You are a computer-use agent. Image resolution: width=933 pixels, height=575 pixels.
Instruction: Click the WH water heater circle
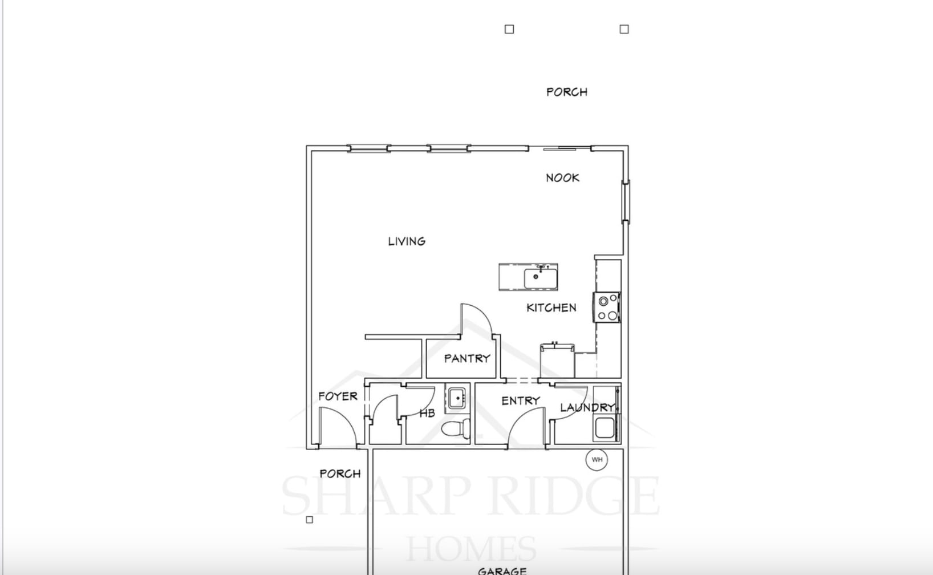597,460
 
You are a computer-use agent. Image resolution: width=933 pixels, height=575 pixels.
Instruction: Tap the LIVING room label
407,241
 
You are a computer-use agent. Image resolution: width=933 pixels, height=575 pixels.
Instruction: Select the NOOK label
562,178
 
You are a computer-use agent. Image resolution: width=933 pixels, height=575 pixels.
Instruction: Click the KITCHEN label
551,308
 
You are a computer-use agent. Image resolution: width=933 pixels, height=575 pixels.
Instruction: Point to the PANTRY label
467,359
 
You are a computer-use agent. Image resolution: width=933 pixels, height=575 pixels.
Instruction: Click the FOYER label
338,396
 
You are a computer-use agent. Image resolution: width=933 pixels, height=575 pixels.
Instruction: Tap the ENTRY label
520,401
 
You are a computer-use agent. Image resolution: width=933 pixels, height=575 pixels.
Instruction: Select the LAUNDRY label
587,408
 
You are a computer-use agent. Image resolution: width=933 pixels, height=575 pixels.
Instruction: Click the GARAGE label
502,570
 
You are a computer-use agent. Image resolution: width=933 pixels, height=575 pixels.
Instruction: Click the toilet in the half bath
457,428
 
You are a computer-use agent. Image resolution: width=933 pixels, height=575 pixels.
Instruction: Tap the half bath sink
457,398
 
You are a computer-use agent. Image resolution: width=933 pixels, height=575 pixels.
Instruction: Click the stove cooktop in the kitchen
607,308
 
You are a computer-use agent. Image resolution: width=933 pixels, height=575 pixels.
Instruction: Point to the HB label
427,414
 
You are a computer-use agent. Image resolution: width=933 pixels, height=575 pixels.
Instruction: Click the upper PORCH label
566,92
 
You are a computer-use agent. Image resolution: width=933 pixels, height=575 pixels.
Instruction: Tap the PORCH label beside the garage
340,474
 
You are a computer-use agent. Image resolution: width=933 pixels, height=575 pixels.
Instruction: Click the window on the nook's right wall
625,201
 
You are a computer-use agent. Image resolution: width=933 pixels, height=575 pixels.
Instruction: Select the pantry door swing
477,319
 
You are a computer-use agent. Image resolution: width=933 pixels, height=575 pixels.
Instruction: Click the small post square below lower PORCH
310,520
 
